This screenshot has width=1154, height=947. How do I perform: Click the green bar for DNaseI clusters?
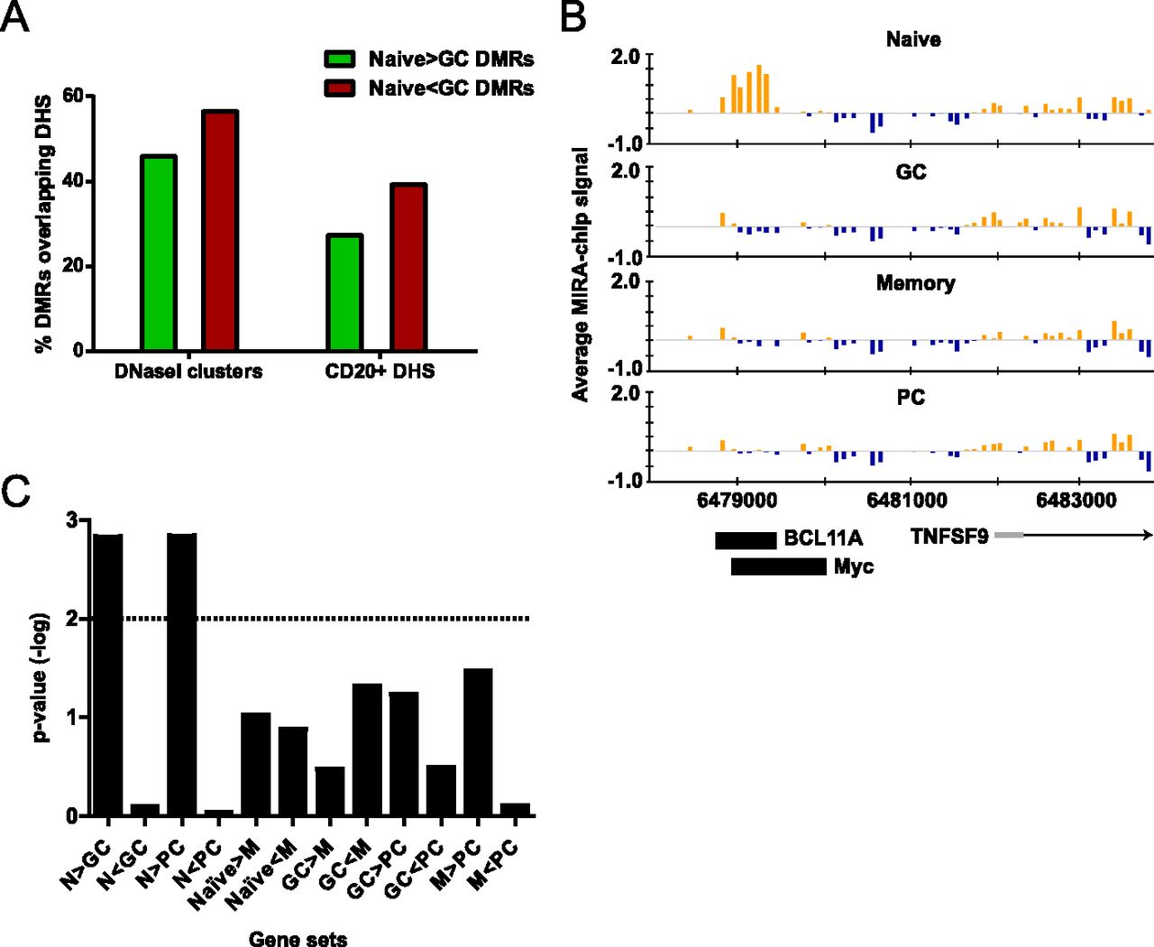(x=159, y=253)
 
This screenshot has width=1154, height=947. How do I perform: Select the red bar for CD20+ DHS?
(x=408, y=267)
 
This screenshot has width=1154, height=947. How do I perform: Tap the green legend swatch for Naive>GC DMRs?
(x=340, y=60)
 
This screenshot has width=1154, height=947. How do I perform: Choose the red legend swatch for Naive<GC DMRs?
(x=340, y=88)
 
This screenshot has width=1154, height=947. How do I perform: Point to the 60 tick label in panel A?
(x=72, y=97)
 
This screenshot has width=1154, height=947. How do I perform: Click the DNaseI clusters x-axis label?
(x=188, y=372)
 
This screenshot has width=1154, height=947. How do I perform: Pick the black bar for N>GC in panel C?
(x=108, y=675)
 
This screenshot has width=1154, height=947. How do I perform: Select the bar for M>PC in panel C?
(x=478, y=741)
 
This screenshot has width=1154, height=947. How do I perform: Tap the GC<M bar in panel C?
(x=367, y=749)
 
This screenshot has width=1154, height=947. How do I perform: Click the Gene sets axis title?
(x=298, y=939)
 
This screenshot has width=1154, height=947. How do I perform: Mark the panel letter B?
(x=573, y=18)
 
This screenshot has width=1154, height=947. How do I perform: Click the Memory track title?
(x=915, y=283)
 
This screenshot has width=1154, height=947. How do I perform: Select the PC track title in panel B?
(x=911, y=398)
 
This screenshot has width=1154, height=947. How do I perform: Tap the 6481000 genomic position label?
(x=907, y=501)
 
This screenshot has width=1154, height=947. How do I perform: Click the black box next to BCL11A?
(x=746, y=540)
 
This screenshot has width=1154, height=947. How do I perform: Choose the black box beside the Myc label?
(x=778, y=566)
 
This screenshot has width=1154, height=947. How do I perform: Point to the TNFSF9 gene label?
(x=949, y=537)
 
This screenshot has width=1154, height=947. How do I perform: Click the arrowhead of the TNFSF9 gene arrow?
(x=1148, y=536)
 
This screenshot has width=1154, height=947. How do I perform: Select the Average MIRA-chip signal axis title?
(x=581, y=274)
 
